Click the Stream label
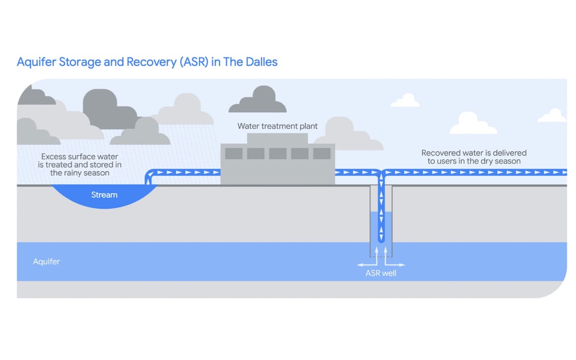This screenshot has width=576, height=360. point(104,195)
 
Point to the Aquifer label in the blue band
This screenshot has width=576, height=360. point(47,262)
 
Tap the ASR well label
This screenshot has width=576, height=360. point(381,274)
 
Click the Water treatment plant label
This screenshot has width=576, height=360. point(277,126)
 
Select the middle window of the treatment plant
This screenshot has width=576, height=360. point(277,153)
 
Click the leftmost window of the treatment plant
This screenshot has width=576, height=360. point(234,153)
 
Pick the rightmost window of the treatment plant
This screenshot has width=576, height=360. point(322,153)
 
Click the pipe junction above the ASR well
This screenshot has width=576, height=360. point(382,172)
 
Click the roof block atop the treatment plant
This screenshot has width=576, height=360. point(277,138)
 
